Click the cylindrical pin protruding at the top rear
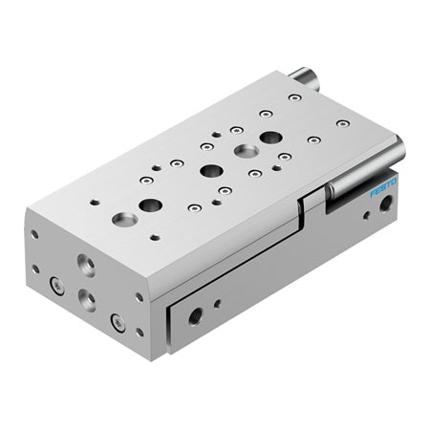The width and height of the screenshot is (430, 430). click(305, 75)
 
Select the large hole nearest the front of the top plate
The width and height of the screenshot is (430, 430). click(123, 220)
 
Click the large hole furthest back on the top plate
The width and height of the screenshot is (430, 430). click(270, 138)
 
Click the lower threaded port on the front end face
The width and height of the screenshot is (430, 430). click(87, 299)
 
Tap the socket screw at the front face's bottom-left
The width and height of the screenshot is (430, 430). click(56, 284)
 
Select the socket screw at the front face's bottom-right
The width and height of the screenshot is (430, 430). click(118, 322)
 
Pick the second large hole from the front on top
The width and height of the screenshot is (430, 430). click(150, 204)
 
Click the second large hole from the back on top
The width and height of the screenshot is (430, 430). click(247, 151)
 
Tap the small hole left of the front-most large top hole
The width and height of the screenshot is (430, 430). click(95, 202)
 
